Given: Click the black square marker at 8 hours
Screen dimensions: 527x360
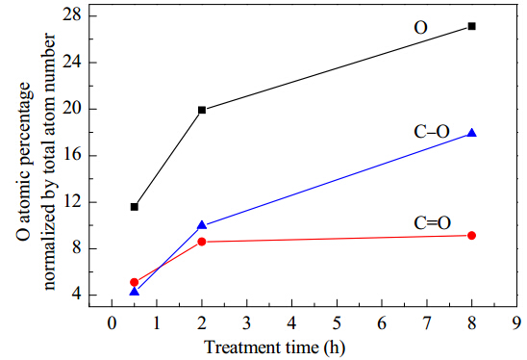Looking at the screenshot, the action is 471,26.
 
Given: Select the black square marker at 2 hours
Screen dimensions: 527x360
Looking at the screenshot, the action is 202,110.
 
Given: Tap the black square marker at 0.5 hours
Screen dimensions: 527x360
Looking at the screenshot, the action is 134,207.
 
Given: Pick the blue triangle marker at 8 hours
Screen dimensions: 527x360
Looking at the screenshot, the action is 471,133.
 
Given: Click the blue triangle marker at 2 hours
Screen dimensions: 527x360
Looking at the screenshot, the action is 202,225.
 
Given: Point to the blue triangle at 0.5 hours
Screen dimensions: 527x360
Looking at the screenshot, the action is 134,292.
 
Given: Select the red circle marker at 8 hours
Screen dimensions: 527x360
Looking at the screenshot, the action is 471,236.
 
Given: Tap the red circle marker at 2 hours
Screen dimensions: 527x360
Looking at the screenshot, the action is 202,242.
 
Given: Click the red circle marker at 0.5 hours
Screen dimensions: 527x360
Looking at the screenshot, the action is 134,282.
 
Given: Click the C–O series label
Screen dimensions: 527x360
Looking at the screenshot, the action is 432,132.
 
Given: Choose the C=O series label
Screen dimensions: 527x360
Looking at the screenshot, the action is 432,222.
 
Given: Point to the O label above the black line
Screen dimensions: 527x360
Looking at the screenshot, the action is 420,28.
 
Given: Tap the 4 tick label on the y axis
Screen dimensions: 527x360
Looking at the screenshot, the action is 77,295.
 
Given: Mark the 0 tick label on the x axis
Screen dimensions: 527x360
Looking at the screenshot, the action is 112,323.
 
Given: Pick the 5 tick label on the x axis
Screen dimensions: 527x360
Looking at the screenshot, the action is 337,323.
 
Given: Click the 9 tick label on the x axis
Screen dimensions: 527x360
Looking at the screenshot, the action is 516,323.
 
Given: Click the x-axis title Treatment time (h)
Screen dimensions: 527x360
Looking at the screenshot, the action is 275,347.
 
